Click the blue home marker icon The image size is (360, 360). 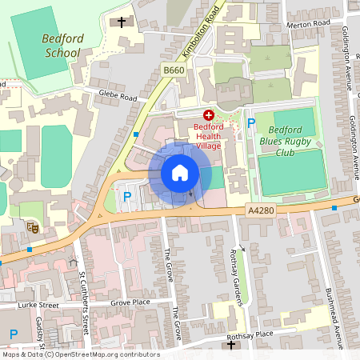pyautogui.click(x=180, y=172)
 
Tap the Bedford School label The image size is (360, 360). pyautogui.click(x=61, y=46)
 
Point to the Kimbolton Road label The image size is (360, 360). pyautogui.click(x=200, y=30)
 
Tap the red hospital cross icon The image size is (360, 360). pyautogui.click(x=209, y=115)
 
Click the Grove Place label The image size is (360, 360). pyautogui.click(x=130, y=303)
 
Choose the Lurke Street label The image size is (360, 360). pyautogui.click(x=40, y=305)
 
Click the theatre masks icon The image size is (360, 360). pyautogui.click(x=34, y=228)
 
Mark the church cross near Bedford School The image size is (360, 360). pyautogui.click(x=122, y=22)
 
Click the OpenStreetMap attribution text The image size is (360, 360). pyautogui.click(x=80, y=354)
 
